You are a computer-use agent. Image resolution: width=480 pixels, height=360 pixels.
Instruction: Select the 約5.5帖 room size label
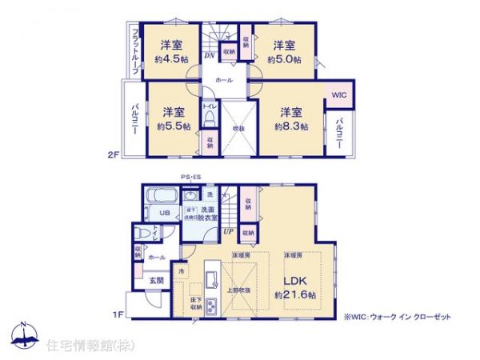174,126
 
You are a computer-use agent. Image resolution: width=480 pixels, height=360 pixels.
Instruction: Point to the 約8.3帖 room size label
290,126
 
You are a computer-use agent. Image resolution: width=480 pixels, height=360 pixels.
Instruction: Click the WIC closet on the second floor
338,95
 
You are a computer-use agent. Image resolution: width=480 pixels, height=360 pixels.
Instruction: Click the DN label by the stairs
208,55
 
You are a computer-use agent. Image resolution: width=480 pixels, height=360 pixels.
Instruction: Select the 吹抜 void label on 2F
238,129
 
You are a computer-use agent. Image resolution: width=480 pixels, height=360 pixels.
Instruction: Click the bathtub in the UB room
161,195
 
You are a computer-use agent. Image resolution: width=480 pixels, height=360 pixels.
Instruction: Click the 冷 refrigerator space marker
182,272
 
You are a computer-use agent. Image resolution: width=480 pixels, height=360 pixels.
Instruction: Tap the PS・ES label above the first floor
190,178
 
